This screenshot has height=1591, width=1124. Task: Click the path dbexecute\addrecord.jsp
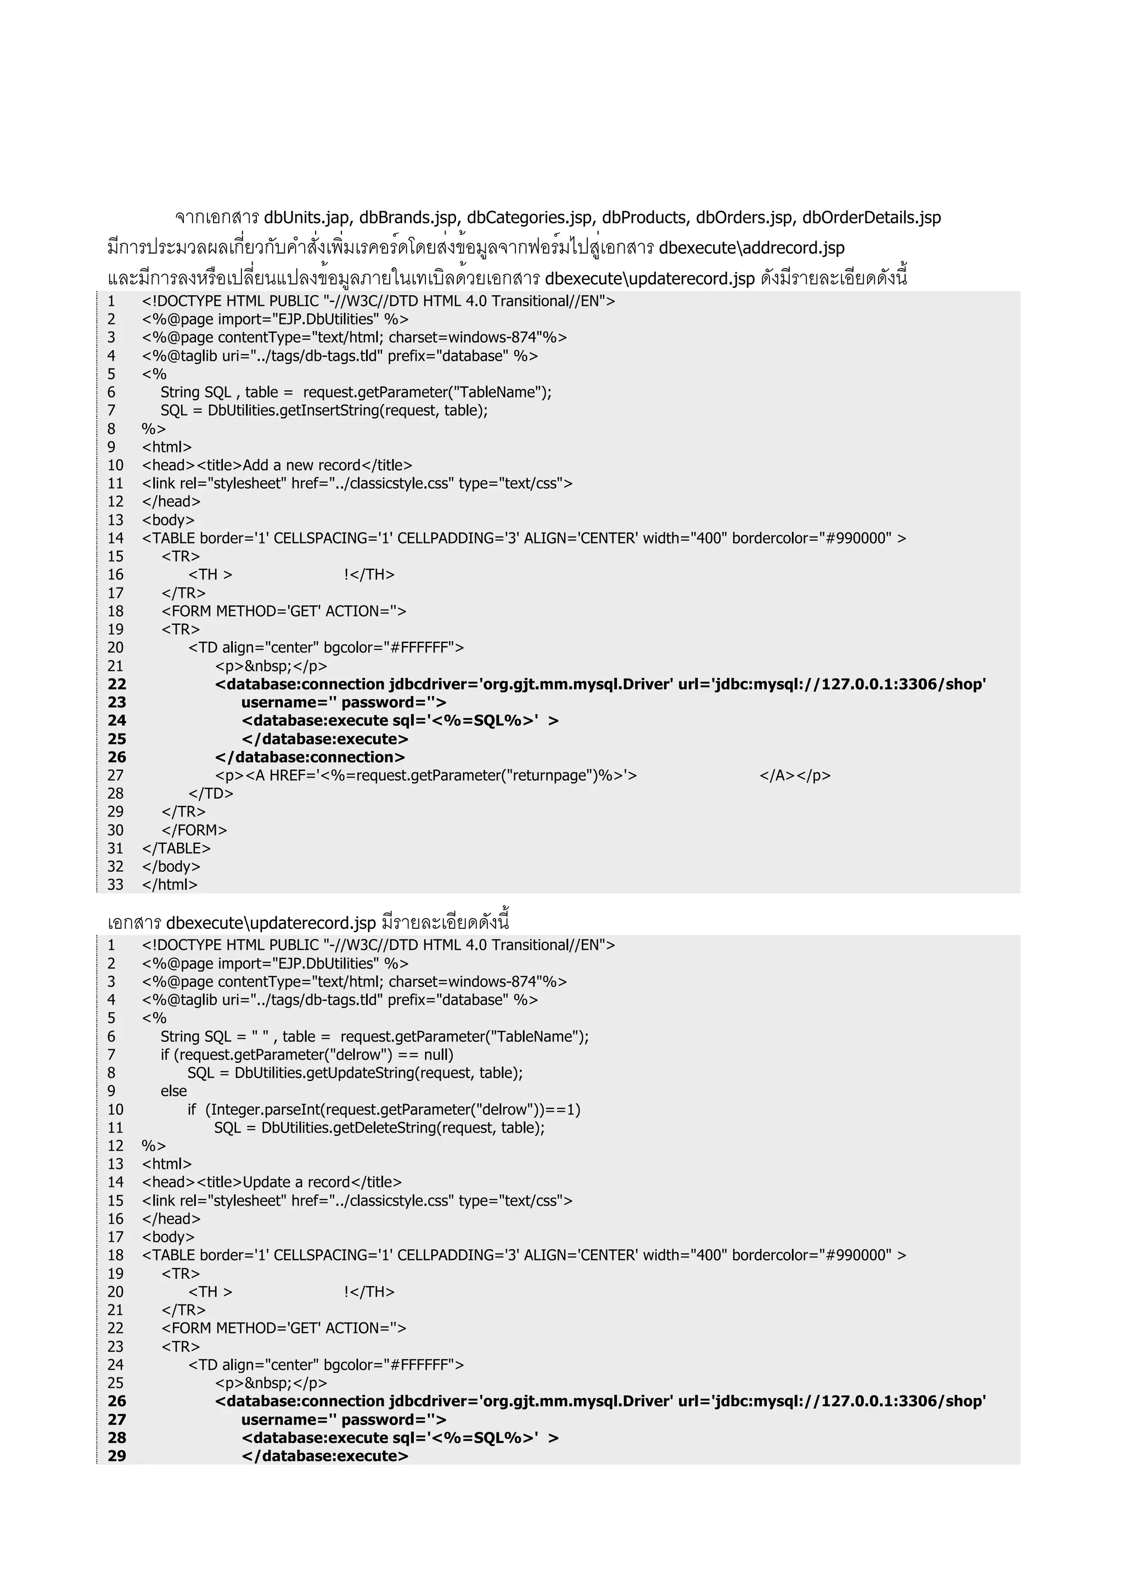pyautogui.click(x=751, y=248)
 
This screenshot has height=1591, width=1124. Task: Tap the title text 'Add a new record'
pyautogui.click(x=301, y=465)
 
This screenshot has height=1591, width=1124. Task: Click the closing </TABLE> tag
pyautogui.click(x=176, y=848)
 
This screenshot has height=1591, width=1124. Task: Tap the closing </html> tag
pyautogui.click(x=170, y=885)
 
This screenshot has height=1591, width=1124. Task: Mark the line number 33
pyautogui.click(x=115, y=885)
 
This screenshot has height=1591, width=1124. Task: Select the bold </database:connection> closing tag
pyautogui.click(x=310, y=758)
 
